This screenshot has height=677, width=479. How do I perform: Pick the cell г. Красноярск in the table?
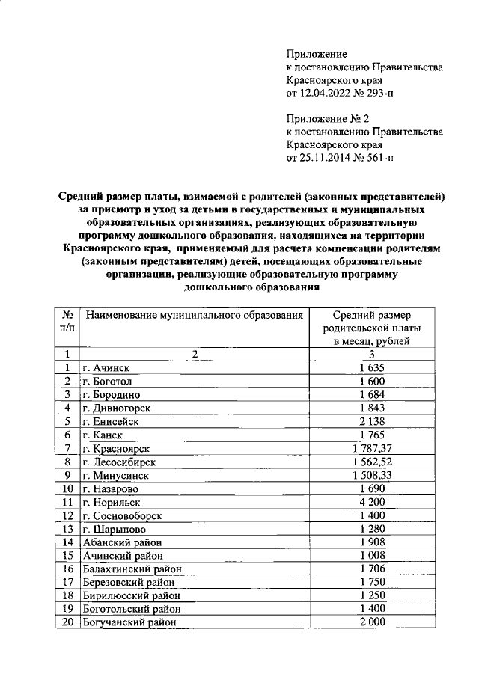coord(117,448)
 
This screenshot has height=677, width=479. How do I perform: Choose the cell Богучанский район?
coord(132,623)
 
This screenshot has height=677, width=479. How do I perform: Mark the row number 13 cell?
coord(67,529)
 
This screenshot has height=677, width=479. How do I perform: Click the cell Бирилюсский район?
coord(132,596)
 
